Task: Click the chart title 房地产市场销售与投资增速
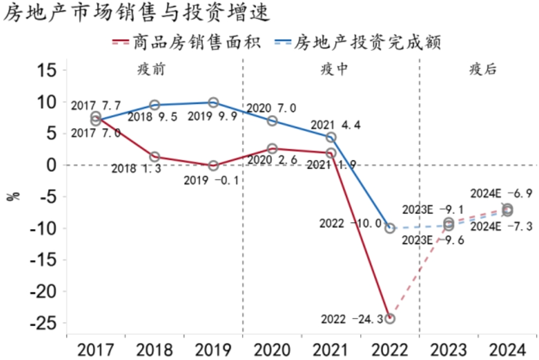(x=136, y=13)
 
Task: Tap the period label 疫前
(x=151, y=69)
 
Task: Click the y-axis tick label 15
(x=46, y=69)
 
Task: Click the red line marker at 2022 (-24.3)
(x=390, y=319)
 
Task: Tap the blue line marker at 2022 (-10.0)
(x=390, y=228)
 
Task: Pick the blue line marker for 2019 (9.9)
(x=213, y=102)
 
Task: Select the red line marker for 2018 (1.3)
(x=154, y=157)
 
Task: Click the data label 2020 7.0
(x=271, y=108)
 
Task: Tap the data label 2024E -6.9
(x=501, y=193)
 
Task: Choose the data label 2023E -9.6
(x=433, y=240)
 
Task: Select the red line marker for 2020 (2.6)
(x=272, y=148)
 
